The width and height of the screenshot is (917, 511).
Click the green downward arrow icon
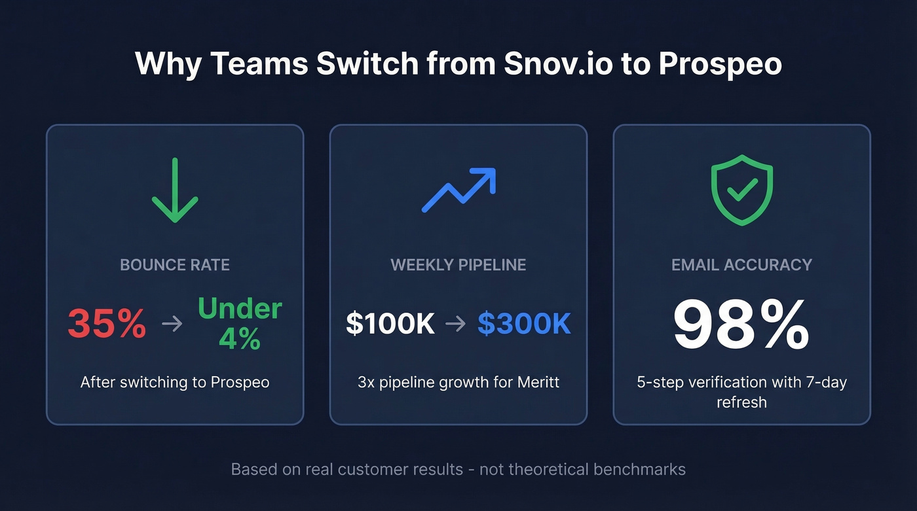pyautogui.click(x=175, y=190)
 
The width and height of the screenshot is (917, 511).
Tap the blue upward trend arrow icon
pyautogui.click(x=458, y=190)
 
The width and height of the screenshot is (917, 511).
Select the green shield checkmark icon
pyautogui.click(x=742, y=190)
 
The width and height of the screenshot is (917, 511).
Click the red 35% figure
pyautogui.click(x=107, y=323)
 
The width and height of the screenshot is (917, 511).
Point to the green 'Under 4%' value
pyautogui.click(x=240, y=323)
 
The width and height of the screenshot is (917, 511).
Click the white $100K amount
pyautogui.click(x=390, y=324)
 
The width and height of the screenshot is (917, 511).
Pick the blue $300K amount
pyautogui.click(x=524, y=324)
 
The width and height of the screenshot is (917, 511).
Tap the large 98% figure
pyautogui.click(x=741, y=326)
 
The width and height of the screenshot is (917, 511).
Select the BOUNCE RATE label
pyautogui.click(x=175, y=265)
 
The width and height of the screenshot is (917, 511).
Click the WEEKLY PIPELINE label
pyautogui.click(x=458, y=265)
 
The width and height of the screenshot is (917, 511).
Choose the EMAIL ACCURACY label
pyautogui.click(x=741, y=265)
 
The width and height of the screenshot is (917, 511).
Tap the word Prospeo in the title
pyautogui.click(x=720, y=64)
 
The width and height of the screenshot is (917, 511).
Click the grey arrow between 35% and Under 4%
pyautogui.click(x=172, y=323)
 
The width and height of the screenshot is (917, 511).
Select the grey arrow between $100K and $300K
pyautogui.click(x=456, y=324)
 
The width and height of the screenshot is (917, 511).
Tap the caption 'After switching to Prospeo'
pyautogui.click(x=175, y=382)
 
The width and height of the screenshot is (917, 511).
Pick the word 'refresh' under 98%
pyautogui.click(x=741, y=402)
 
